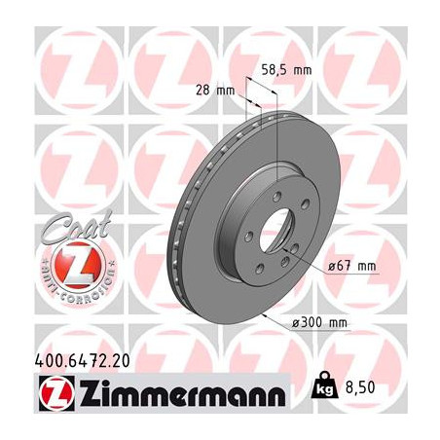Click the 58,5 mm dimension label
coord(286,70)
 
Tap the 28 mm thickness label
coord(215,90)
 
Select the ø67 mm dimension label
coord(352,267)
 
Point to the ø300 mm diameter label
coord(319,323)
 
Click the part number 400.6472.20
coord(82,360)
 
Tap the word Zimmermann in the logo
coord(183,392)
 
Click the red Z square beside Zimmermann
coord(56,392)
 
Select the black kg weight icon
coord(324,385)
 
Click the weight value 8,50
coord(360,387)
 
